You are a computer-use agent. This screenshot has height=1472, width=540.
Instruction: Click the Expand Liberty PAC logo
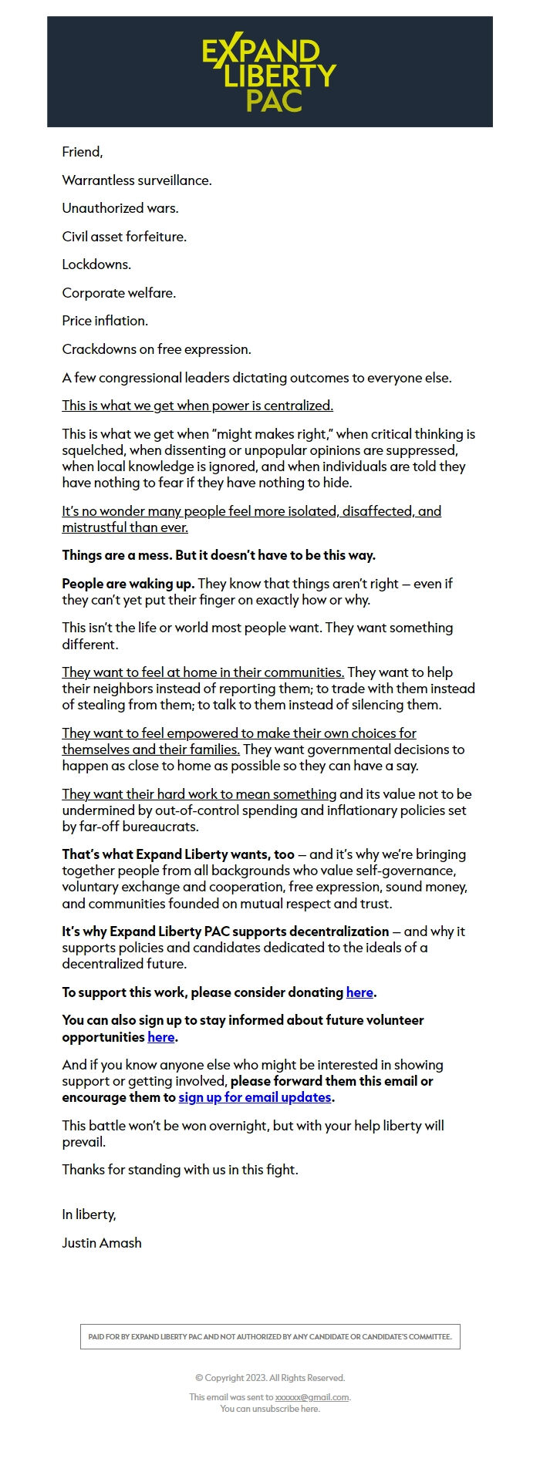pyautogui.click(x=269, y=74)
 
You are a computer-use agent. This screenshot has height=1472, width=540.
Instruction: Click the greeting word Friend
pyautogui.click(x=82, y=152)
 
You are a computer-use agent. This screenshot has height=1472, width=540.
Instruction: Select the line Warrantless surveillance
pyautogui.click(x=137, y=180)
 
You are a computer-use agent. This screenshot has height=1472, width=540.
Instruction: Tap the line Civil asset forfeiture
pyautogui.click(x=124, y=237)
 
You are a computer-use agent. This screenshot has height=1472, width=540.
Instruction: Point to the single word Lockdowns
pyautogui.click(x=96, y=264)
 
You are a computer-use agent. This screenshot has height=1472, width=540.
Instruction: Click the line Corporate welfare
pyautogui.click(x=119, y=293)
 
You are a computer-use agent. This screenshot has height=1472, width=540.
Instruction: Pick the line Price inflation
pyautogui.click(x=105, y=321)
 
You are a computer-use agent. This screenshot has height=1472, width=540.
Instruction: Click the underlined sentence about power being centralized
pyautogui.click(x=197, y=406)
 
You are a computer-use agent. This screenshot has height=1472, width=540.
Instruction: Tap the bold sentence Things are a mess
pyautogui.click(x=218, y=555)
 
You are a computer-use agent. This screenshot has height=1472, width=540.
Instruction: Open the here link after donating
pyautogui.click(x=359, y=992)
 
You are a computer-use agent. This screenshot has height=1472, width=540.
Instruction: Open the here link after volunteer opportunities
pyautogui.click(x=160, y=1037)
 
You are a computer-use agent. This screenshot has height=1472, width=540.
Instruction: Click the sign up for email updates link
pyautogui.click(x=255, y=1097)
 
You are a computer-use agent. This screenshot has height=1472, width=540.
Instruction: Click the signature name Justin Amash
pyautogui.click(x=102, y=1243)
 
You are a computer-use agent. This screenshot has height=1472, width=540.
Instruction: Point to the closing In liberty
pyautogui.click(x=89, y=1214)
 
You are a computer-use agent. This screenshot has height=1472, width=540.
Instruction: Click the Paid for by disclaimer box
pyautogui.click(x=270, y=1336)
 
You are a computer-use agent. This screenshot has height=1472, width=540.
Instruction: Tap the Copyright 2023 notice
pyautogui.click(x=270, y=1378)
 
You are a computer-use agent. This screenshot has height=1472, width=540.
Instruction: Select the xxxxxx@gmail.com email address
pyautogui.click(x=312, y=1397)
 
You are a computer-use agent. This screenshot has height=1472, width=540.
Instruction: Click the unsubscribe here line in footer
pyautogui.click(x=270, y=1409)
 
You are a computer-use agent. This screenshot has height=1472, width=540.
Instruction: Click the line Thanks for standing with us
pyautogui.click(x=180, y=1170)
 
